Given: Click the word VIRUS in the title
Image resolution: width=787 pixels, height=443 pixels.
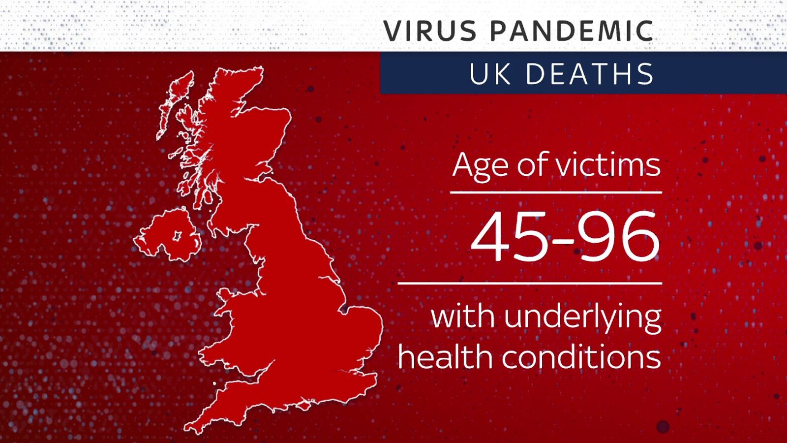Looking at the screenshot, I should click(430, 31).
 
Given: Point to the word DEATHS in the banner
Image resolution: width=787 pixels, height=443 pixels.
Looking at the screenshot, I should click(590, 75).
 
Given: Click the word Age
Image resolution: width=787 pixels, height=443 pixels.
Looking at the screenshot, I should click(480, 166).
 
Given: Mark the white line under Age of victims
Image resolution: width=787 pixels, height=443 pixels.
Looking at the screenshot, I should click(556, 192).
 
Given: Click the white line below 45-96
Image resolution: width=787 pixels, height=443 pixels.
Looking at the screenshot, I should click(529, 284).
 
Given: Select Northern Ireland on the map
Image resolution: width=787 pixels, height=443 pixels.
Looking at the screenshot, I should click(167, 236).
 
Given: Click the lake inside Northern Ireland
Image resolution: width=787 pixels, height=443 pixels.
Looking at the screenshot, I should click(176, 236).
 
